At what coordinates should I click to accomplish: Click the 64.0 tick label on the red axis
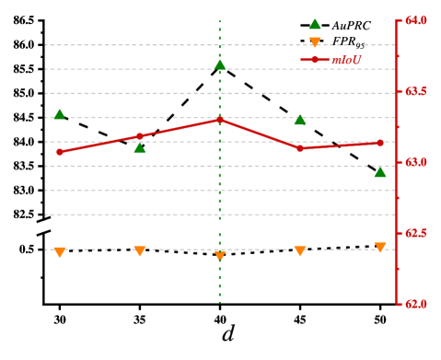415,20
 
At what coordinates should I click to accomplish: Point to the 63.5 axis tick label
415,91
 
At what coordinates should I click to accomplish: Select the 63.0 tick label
415,162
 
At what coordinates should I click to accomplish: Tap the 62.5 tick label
415,233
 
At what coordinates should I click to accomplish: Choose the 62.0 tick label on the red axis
415,303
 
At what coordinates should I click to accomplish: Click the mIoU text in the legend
346,60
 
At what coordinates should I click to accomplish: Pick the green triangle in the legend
315,24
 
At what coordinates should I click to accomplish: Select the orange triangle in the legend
315,42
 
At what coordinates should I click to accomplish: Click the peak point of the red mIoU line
219,120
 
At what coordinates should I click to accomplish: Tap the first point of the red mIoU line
60,152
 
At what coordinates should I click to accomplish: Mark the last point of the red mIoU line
379,143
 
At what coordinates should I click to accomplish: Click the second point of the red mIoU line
140,136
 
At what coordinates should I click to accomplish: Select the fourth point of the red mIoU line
300,148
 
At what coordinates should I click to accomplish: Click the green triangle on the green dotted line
220,64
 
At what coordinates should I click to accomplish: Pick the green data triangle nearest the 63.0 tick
380,172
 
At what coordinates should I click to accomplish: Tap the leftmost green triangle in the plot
60,114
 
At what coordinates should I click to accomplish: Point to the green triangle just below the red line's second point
140,147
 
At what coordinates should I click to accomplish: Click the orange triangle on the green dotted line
220,255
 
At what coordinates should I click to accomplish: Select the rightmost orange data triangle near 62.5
380,248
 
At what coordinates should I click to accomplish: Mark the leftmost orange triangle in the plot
60,251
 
